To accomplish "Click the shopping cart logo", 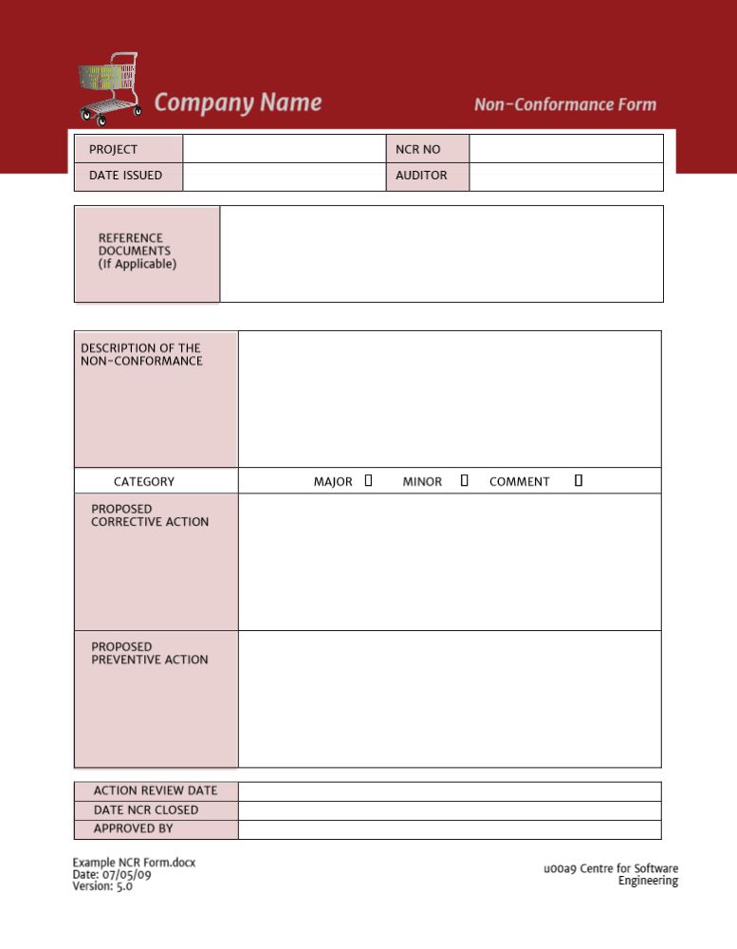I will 109,88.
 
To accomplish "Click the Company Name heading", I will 237,102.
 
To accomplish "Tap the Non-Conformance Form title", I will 564,104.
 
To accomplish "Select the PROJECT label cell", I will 128,149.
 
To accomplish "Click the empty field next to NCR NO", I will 565,149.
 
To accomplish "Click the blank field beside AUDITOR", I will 565,176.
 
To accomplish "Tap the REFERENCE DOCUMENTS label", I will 138,251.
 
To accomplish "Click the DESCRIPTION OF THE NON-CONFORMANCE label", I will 141,354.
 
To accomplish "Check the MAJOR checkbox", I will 368,481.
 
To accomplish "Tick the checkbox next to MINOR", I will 464,481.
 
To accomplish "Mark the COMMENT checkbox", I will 578,481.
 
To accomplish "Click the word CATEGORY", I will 144,482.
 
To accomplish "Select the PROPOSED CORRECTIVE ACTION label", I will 150,515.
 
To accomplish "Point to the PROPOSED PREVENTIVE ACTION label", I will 150,653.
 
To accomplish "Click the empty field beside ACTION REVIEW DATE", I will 449,791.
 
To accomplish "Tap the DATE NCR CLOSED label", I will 146,809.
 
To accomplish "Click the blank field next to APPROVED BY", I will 449,829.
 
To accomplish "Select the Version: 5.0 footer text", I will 102,886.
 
